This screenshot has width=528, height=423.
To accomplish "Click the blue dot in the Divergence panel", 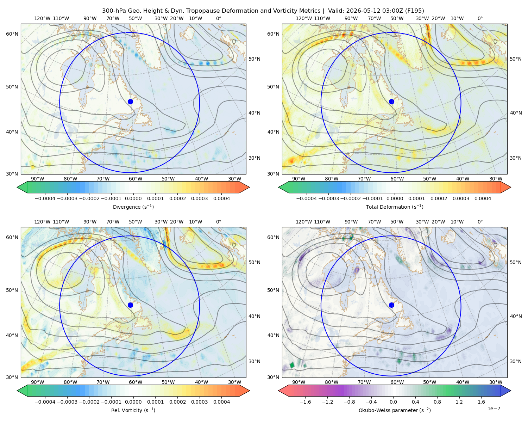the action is tap(130, 102).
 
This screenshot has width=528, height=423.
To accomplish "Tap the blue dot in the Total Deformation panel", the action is tap(391, 102).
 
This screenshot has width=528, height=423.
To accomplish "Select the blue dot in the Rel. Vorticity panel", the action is tap(130, 305).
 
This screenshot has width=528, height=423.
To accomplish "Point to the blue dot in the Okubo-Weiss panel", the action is tap(391, 305).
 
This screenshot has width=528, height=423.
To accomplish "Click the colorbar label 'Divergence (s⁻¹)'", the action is tap(133, 207).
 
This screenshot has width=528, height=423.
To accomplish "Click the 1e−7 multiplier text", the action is tap(494, 409).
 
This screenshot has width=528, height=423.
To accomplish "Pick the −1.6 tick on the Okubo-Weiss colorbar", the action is tap(305, 402).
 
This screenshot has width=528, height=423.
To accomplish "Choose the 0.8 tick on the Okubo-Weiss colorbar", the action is tap(437, 402).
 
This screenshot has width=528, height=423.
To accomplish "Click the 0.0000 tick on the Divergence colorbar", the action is tap(133, 198).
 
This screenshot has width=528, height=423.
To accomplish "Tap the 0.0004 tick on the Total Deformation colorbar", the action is tap(483, 198).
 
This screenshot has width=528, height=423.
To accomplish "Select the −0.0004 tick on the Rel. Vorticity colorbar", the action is tap(45, 402).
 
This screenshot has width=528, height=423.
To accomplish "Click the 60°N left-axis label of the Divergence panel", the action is tap(12, 34).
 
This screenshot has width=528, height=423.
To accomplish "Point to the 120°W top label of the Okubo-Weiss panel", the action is tap(303, 222).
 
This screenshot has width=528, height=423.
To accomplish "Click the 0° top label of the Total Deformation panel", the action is tap(480, 18).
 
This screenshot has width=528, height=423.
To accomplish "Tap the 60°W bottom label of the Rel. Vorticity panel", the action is tap(136, 382).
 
